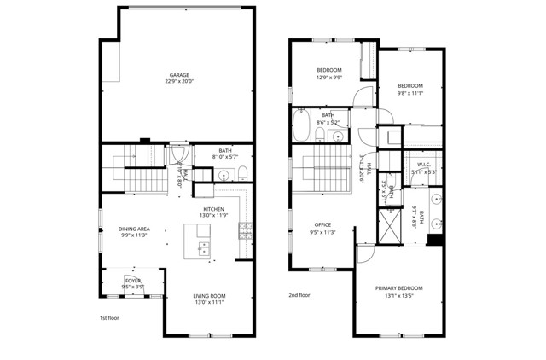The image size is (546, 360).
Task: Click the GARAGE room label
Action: pyautogui.click(x=178, y=75)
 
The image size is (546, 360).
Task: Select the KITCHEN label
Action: pyautogui.click(x=213, y=209)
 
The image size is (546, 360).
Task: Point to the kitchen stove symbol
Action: pyautogui.click(x=246, y=229)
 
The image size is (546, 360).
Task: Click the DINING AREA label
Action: pyautogui.click(x=134, y=229)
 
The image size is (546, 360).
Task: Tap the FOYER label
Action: pyautogui.click(x=133, y=280)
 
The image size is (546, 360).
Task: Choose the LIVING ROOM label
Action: pyautogui.click(x=209, y=296)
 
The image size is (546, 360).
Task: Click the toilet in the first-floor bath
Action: pyautogui.click(x=242, y=176)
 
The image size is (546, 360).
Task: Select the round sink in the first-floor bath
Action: pyautogui.click(x=224, y=176)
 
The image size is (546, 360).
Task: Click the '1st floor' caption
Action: pyautogui.click(x=108, y=318)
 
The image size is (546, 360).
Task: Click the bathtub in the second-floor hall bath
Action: pyautogui.click(x=303, y=125)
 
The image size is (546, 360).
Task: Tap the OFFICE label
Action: pyautogui.click(x=322, y=225)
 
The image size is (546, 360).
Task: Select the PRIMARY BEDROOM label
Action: pyautogui.click(x=398, y=288)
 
